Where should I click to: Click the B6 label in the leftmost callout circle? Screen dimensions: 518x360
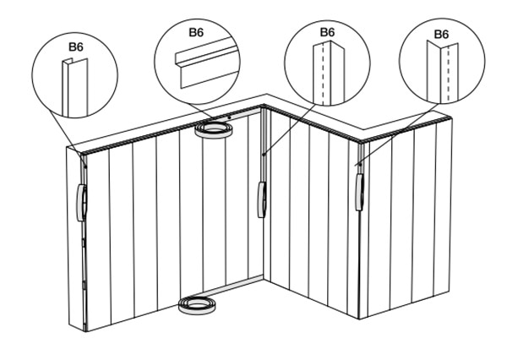(76, 46)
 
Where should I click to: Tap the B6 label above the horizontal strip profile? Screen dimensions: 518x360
(196, 32)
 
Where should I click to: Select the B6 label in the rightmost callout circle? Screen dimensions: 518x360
(441, 34)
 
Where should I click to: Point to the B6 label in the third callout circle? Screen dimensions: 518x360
(327, 32)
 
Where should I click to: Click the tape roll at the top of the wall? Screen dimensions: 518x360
(214, 130)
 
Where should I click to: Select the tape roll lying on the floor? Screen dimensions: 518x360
(197, 305)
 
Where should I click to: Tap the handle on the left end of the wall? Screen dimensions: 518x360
(81, 203)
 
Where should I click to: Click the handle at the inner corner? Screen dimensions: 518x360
(262, 199)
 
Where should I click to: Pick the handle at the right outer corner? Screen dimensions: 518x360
(359, 192)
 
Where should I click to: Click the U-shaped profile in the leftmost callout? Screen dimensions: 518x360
(75, 88)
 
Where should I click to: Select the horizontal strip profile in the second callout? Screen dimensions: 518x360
(206, 63)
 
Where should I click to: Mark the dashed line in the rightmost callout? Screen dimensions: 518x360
(448, 74)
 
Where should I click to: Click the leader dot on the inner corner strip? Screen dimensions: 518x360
(264, 155)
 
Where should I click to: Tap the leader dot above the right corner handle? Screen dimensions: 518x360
(360, 164)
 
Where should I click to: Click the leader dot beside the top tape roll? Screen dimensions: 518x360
(229, 117)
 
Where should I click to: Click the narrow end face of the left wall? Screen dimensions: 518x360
(75, 237)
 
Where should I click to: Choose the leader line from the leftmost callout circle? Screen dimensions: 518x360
(67, 133)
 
